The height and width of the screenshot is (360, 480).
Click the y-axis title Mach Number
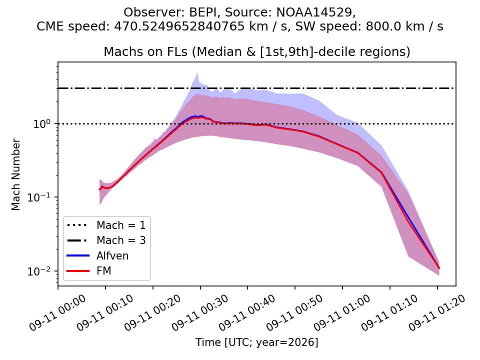tap(15, 174)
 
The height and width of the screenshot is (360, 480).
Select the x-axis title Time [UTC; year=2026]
tap(257, 342)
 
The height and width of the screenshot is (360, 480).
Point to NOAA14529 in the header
tap(314, 12)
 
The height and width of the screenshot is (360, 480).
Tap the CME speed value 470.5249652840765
tap(179, 26)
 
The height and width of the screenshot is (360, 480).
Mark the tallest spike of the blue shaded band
tap(198, 73)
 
